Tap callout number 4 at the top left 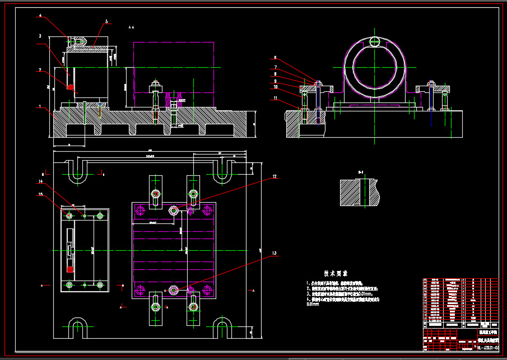pos(40,16)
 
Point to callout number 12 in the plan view pos(275,177)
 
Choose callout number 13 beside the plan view pos(275,254)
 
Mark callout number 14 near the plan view pos(40,181)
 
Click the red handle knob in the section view pos(71,87)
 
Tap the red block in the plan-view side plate pos(69,269)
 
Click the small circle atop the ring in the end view pos(375,41)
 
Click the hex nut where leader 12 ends pos(174,210)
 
